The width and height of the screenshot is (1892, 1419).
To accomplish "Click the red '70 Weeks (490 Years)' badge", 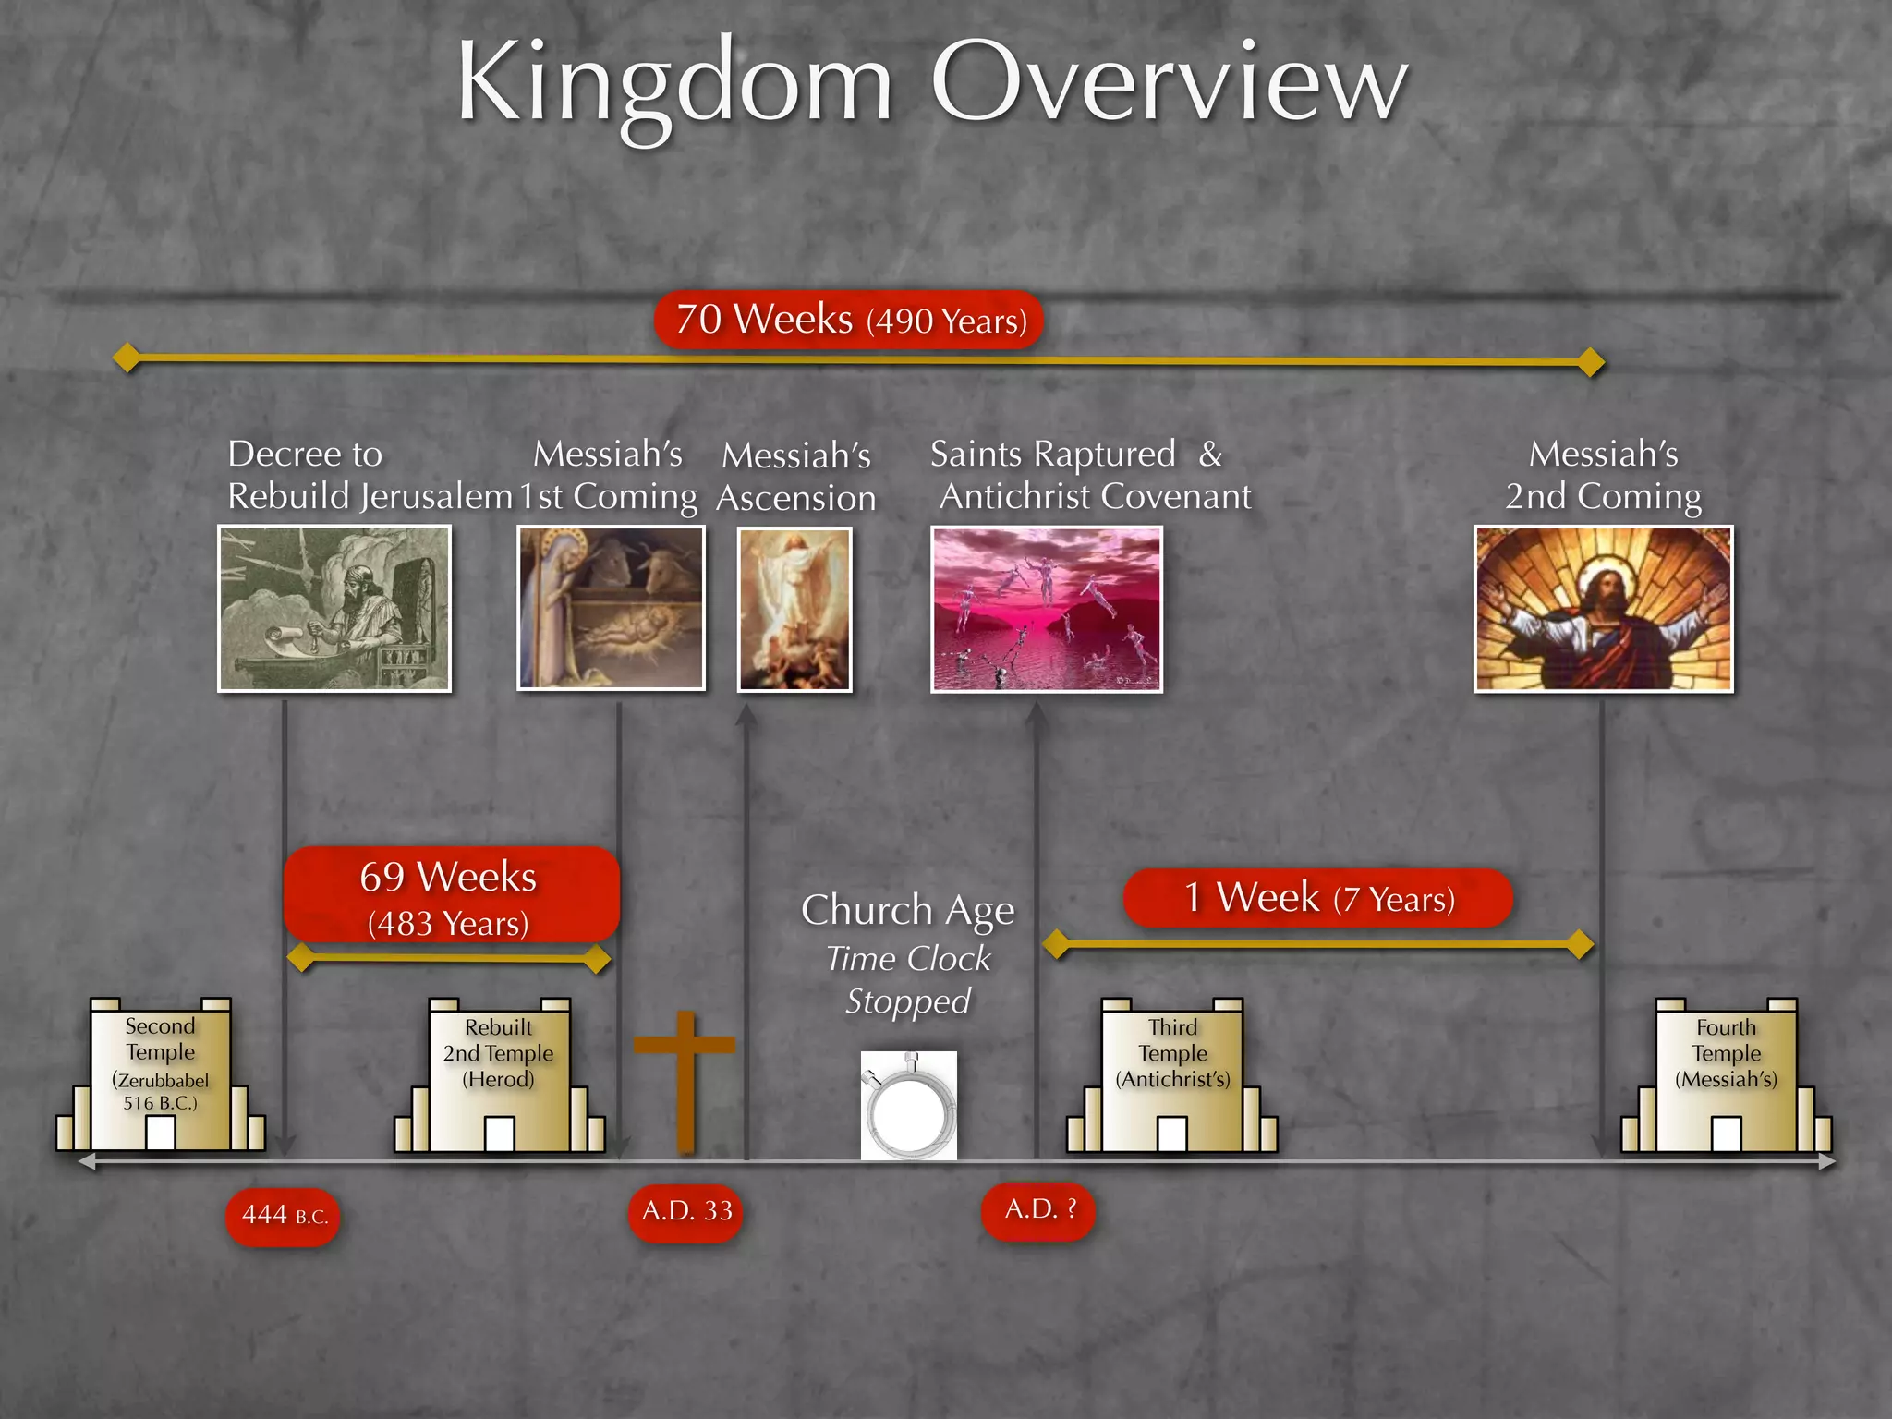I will click(849, 321).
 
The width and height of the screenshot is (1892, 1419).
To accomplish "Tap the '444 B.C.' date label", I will click(283, 1216).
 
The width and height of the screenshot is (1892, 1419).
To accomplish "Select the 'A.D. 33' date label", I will click(685, 1211).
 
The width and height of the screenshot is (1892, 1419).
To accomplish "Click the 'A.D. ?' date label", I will click(1038, 1209).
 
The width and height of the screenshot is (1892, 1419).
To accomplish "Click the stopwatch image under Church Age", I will click(909, 1106).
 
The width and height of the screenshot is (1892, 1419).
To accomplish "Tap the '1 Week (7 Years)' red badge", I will click(1318, 898).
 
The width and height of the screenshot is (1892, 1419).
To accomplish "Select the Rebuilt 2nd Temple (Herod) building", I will click(499, 1075).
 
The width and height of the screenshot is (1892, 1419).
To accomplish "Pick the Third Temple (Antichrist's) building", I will click(1172, 1075).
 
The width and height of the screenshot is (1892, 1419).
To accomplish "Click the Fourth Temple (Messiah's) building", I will click(1726, 1075).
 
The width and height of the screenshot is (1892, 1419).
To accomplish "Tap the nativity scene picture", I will click(611, 609).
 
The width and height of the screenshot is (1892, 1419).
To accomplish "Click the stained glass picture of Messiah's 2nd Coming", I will click(1603, 609).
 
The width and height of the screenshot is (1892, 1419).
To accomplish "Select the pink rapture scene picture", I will click(1046, 609).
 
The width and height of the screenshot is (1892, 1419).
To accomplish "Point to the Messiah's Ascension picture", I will click(794, 610).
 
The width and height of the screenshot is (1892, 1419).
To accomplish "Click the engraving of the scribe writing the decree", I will click(334, 609).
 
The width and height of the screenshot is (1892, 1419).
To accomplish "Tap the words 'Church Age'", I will click(907, 910).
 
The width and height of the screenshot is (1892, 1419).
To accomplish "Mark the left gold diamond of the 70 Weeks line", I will click(127, 357).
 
